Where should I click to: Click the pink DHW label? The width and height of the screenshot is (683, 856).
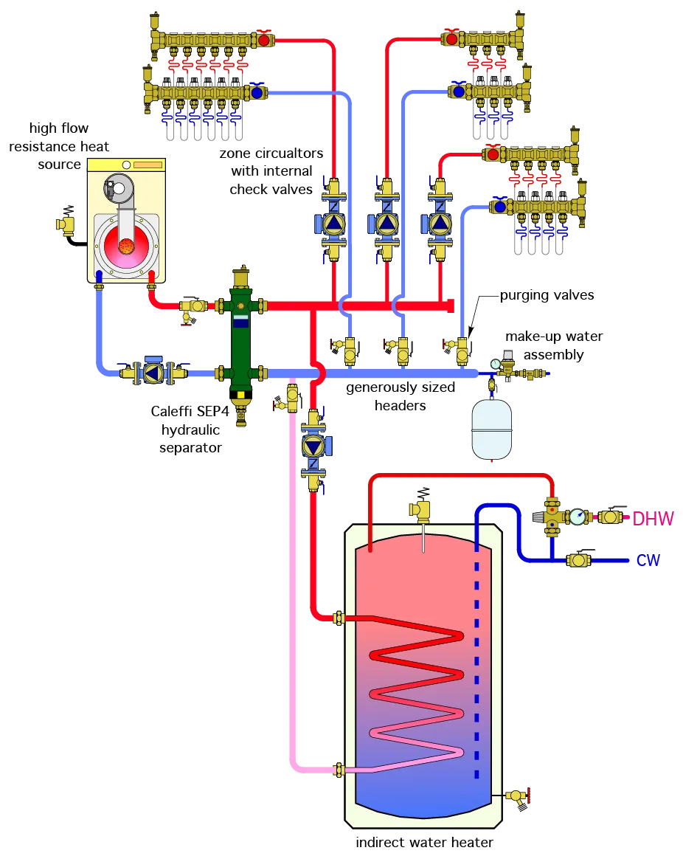tap(653, 518)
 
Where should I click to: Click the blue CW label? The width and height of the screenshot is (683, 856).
tap(648, 561)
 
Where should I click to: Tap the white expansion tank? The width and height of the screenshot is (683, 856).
tap(491, 429)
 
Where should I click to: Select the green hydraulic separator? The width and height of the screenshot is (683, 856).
tap(240, 339)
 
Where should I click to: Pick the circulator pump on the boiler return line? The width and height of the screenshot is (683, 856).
tap(153, 373)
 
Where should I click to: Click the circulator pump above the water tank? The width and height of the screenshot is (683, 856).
tap(313, 446)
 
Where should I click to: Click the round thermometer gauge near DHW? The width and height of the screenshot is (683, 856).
tap(578, 517)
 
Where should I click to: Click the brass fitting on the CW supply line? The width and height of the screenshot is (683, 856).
tap(578, 561)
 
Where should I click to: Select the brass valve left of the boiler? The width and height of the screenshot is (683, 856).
tap(66, 224)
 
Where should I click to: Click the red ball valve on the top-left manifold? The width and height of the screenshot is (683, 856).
tap(263, 40)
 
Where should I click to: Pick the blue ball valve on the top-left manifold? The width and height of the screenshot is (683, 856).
tap(257, 93)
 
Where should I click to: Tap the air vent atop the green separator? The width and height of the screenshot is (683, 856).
tap(240, 278)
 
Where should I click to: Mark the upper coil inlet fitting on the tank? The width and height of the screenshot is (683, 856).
tap(339, 618)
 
